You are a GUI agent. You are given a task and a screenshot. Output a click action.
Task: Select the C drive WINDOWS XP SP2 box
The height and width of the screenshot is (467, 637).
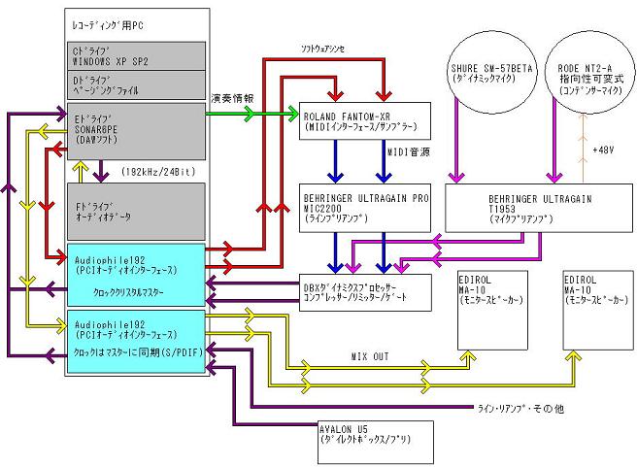point(134,54)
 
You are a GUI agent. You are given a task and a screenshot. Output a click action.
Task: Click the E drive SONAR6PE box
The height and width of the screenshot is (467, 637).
point(134,131)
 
